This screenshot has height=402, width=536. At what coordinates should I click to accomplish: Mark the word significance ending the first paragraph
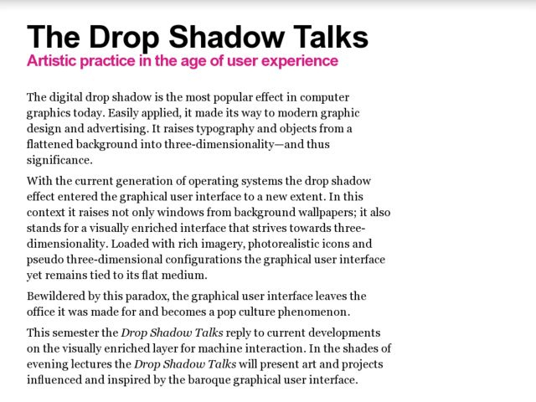[x=59, y=161]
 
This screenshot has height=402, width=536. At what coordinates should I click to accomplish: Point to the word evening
[x=49, y=364]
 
